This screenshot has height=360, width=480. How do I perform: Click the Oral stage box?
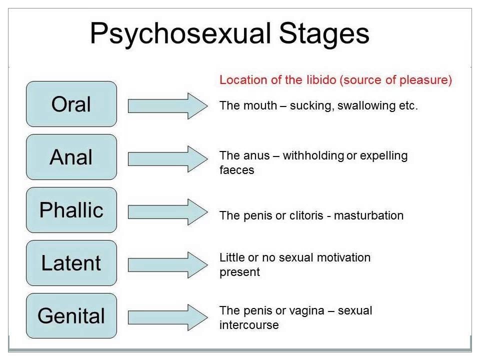click(71, 104)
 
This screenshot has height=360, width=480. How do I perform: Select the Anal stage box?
click(71, 157)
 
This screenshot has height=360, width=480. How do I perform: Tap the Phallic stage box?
click(71, 210)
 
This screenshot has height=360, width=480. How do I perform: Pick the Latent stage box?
click(71, 263)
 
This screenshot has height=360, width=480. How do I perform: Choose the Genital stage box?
click(71, 316)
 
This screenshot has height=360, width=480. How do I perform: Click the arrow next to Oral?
click(167, 105)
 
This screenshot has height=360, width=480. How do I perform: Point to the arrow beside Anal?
click(167, 158)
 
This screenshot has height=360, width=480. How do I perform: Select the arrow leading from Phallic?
click(167, 211)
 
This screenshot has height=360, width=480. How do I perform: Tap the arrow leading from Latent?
click(167, 264)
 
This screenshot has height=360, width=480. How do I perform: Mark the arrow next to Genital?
click(167, 317)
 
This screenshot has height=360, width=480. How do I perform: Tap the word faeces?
click(237, 170)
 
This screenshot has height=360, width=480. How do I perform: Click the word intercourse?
click(249, 325)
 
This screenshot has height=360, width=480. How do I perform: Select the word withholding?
click(313, 155)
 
